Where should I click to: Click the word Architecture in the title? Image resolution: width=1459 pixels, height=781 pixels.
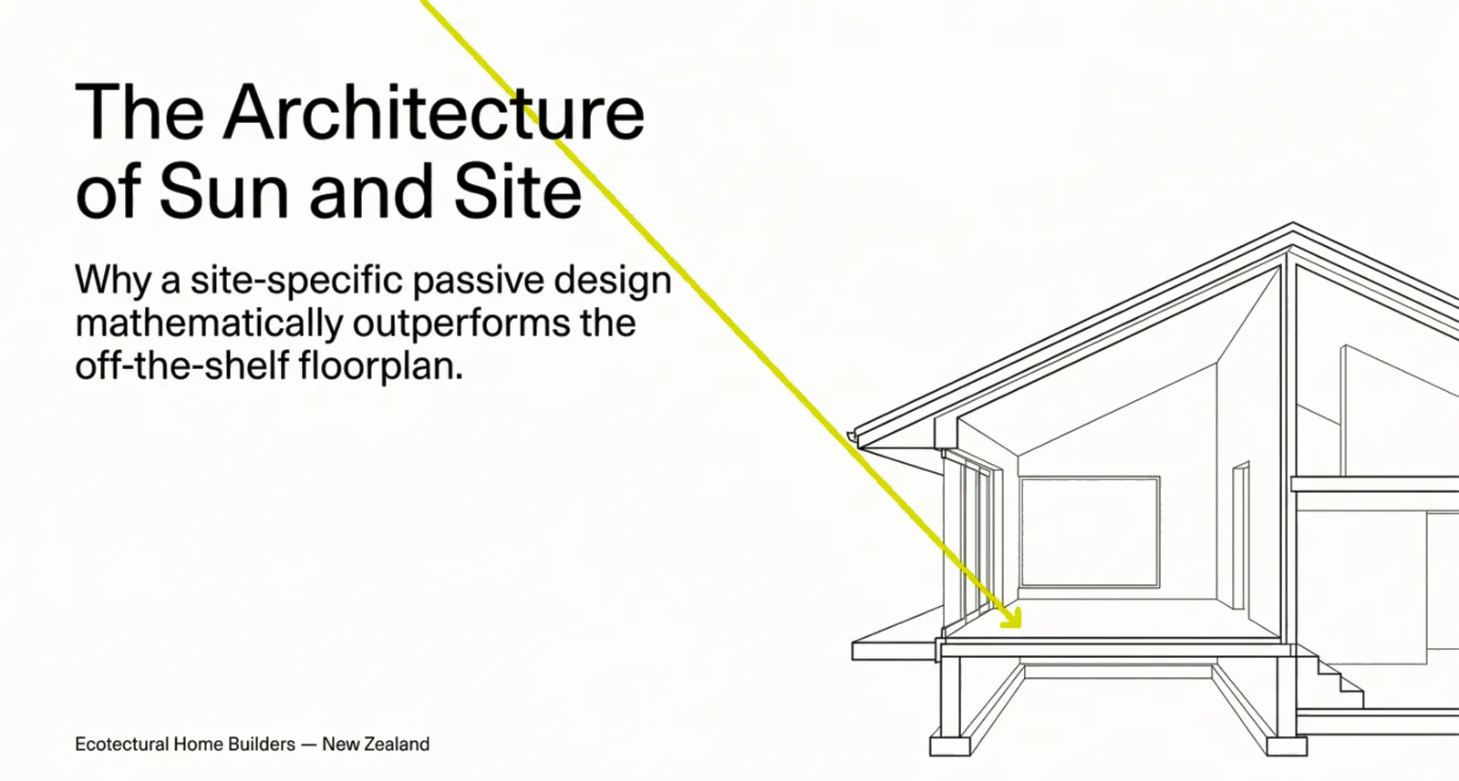tap(434, 111)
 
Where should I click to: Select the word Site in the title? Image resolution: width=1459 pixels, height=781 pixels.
tap(519, 190)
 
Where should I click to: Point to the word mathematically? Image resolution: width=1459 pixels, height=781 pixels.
tap(209, 324)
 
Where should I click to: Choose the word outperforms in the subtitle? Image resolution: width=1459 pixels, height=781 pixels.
tap(461, 324)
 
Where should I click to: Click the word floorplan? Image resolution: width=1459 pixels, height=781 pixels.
tap(381, 366)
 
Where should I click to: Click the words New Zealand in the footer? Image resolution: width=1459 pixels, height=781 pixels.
tap(376, 744)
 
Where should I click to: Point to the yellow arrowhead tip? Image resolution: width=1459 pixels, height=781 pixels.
tap(1020, 627)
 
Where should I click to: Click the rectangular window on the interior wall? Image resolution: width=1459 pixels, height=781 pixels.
tap(1090, 531)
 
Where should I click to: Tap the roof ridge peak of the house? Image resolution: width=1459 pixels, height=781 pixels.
tap(1293, 224)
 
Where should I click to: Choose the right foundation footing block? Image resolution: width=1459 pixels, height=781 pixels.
tap(1287, 745)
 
